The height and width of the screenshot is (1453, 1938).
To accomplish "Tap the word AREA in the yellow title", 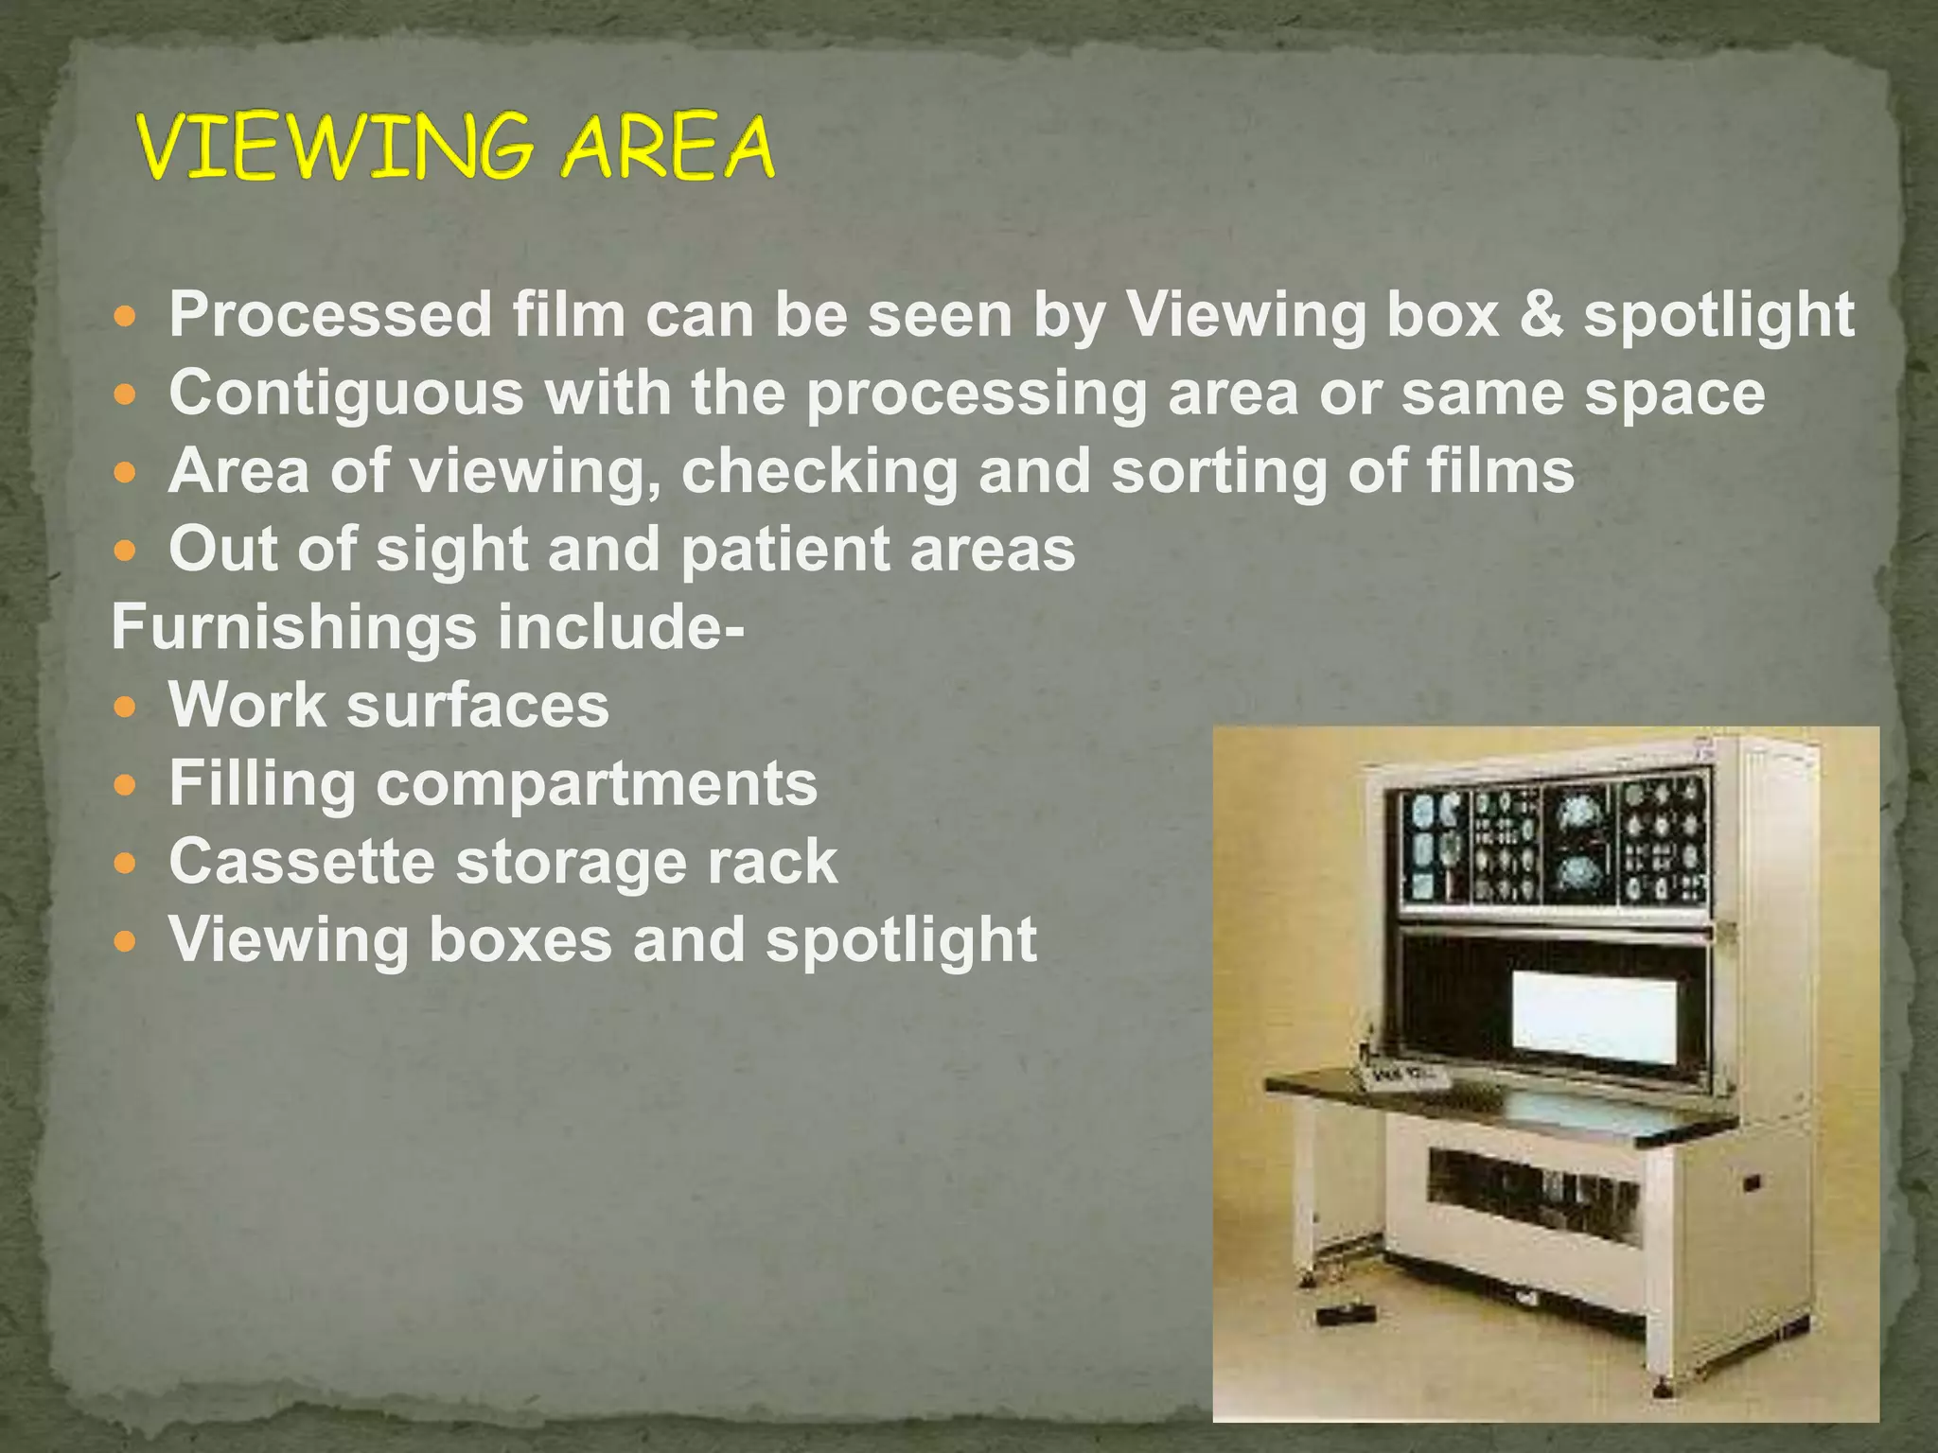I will (667, 147).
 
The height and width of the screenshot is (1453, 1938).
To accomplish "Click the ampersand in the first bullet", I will (1542, 314).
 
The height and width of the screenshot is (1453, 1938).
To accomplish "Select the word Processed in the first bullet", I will (330, 314).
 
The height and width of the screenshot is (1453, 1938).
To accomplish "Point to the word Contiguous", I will (345, 393).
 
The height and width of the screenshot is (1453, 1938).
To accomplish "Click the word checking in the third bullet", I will (819, 471).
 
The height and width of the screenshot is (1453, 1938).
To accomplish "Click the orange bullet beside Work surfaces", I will (125, 707).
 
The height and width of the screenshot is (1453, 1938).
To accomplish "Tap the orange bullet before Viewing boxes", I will (125, 941).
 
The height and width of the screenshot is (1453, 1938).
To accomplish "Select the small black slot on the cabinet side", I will (1752, 1182).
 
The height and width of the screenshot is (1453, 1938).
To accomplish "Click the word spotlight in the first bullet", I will (1718, 314).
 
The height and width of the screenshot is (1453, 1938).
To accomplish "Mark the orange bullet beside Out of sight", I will (125, 550).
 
